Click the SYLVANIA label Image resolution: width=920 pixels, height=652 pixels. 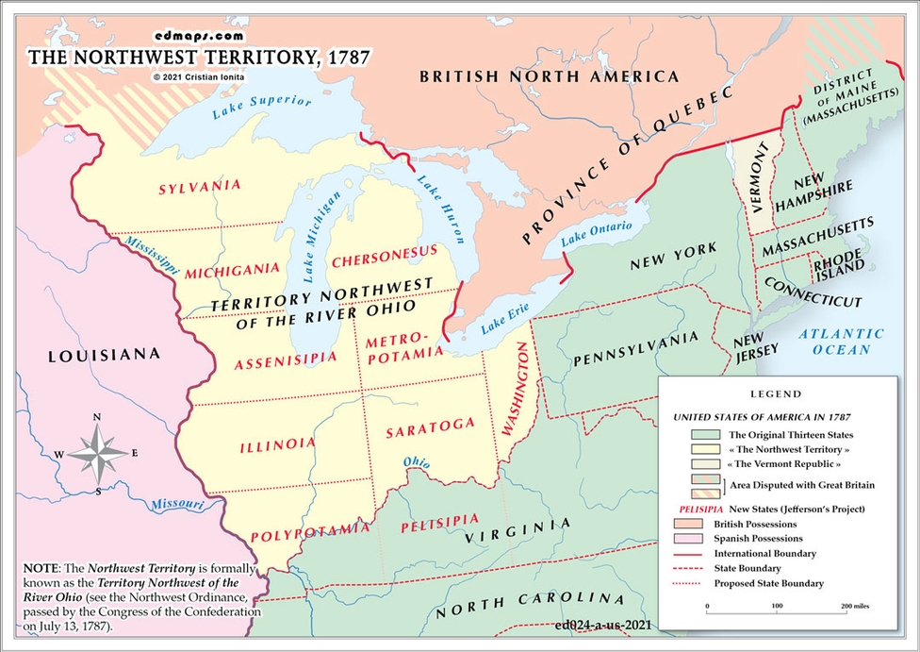(199, 186)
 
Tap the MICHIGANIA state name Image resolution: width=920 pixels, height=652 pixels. (232, 271)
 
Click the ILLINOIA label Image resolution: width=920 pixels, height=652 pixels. (277, 444)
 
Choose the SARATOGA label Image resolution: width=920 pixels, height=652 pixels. (430, 426)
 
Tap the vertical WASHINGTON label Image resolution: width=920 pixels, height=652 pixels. (517, 389)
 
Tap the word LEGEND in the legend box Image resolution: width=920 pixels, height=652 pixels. (776, 393)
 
